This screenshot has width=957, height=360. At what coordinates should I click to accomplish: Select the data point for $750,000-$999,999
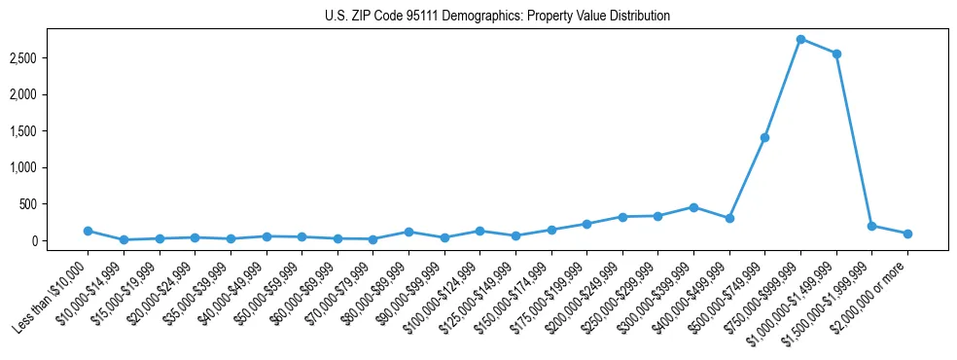(x=800, y=39)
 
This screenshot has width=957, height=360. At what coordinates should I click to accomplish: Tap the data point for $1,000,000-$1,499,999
(x=836, y=54)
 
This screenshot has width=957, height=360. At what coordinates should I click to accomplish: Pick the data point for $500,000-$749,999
(x=764, y=137)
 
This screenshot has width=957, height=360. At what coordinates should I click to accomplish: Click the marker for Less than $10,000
(x=88, y=231)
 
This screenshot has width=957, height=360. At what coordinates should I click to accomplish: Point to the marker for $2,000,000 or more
(x=907, y=234)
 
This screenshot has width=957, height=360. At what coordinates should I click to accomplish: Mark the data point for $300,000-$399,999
(x=693, y=207)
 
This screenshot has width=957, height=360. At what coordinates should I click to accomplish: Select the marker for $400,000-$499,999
(x=729, y=218)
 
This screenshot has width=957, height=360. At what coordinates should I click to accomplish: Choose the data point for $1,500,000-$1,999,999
(x=871, y=226)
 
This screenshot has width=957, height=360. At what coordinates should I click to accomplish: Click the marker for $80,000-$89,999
(x=408, y=232)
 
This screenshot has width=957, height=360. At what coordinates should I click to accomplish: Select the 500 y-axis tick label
(x=41, y=204)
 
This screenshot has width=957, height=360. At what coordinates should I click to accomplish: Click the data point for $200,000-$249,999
(x=622, y=217)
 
